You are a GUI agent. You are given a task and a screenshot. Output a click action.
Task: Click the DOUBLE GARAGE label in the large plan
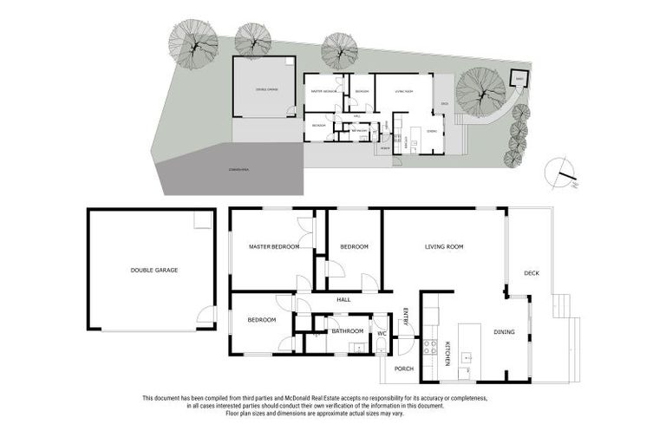[x=153, y=271]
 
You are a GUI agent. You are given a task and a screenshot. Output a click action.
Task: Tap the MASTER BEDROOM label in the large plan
[x=273, y=247]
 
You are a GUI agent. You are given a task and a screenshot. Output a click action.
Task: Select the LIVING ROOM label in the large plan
[x=443, y=247]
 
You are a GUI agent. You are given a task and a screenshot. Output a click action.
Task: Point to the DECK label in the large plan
[x=532, y=274]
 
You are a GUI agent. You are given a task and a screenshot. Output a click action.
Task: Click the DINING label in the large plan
[x=504, y=332]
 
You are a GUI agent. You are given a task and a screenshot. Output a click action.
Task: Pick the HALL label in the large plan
[x=343, y=300]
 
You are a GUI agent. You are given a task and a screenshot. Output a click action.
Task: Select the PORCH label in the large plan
[x=404, y=369]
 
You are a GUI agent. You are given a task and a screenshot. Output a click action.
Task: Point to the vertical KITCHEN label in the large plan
[x=448, y=354]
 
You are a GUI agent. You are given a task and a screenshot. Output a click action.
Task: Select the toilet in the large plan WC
[x=381, y=347]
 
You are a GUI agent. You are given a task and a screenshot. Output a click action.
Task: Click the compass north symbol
[x=560, y=173]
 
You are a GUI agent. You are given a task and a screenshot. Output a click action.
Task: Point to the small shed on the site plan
[x=518, y=79]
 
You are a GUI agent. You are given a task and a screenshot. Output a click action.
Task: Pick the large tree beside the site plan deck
[x=480, y=92]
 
